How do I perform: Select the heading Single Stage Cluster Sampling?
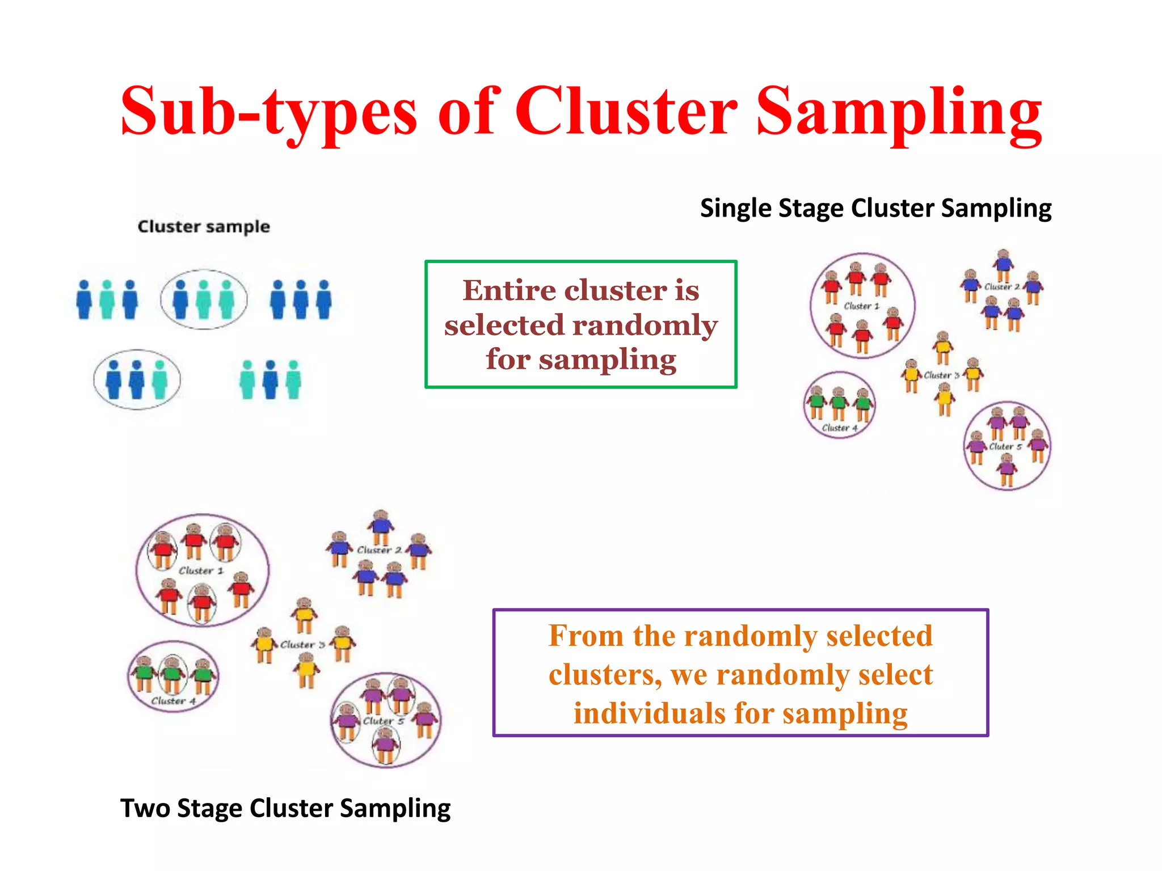[x=875, y=208]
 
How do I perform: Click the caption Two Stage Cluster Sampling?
[x=285, y=808]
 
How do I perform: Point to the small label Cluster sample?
[x=204, y=227]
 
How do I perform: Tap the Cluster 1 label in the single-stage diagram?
[x=861, y=306]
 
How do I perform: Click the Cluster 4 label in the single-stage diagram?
[x=839, y=428]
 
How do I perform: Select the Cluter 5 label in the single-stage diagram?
[x=1005, y=447]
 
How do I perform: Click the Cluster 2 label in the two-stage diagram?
[x=379, y=550]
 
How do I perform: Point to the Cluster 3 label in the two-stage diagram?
[x=302, y=645]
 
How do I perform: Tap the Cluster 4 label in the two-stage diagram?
[x=173, y=701]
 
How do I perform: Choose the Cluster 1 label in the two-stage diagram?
[x=201, y=571]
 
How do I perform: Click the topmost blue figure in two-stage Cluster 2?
[x=381, y=526]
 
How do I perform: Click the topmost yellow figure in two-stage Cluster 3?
[x=305, y=614]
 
